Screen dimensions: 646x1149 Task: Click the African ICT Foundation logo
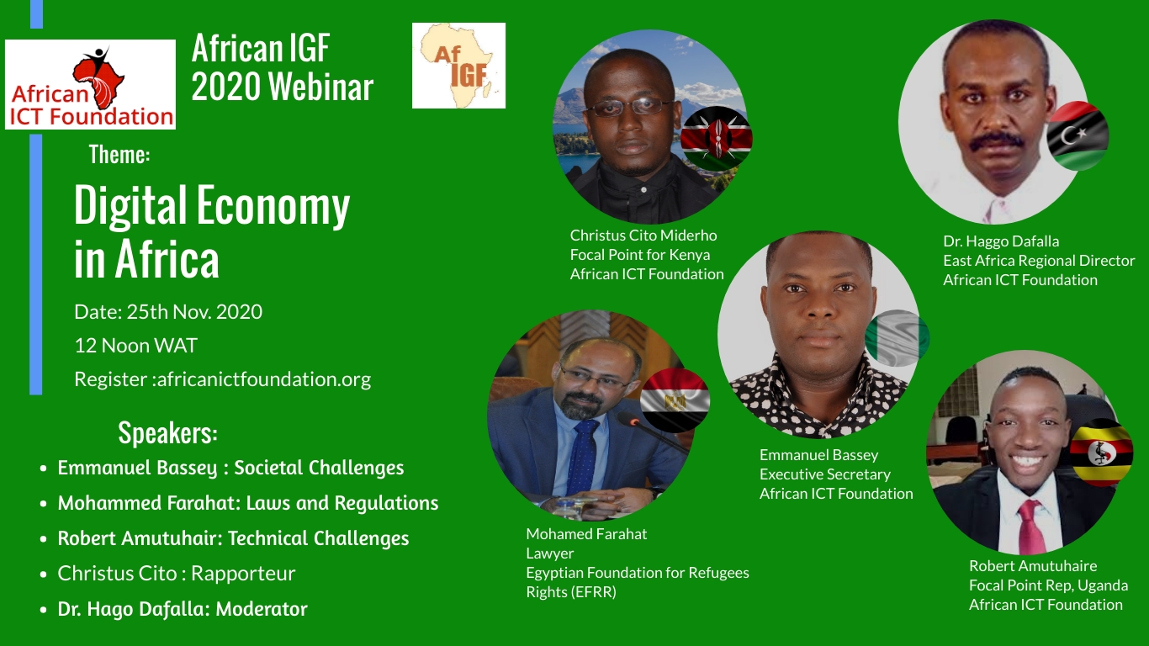(x=90, y=84)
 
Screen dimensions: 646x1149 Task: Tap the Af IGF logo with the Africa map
(x=458, y=66)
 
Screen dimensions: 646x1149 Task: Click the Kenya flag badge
(x=716, y=139)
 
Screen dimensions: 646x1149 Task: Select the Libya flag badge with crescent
(x=1078, y=135)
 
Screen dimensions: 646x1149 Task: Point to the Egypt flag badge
(x=675, y=400)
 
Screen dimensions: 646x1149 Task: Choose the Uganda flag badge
(x=1101, y=452)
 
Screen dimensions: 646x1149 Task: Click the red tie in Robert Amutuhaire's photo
(x=1031, y=527)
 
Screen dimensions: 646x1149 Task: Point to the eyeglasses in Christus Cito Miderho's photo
(x=628, y=107)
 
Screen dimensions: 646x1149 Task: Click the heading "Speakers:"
(x=167, y=432)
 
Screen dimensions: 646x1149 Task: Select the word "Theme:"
(x=119, y=154)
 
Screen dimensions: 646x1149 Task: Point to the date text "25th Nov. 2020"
(x=194, y=312)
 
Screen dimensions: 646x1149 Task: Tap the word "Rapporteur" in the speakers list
(x=243, y=574)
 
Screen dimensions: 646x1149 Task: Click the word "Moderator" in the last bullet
(x=262, y=609)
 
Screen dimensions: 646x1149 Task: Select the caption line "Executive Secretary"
(x=824, y=474)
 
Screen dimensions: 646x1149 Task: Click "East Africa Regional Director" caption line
(x=1039, y=261)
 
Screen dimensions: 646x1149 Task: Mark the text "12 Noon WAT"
(x=135, y=346)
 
